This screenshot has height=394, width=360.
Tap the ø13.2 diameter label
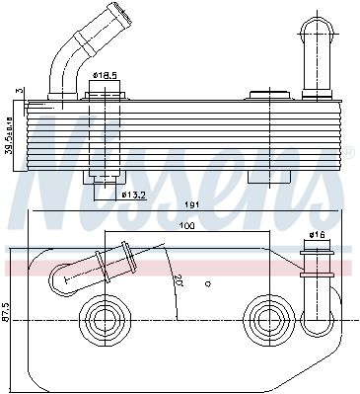point(135,194)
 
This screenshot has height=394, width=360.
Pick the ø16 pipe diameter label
point(318,235)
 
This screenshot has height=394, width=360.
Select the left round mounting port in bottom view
point(103,318)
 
